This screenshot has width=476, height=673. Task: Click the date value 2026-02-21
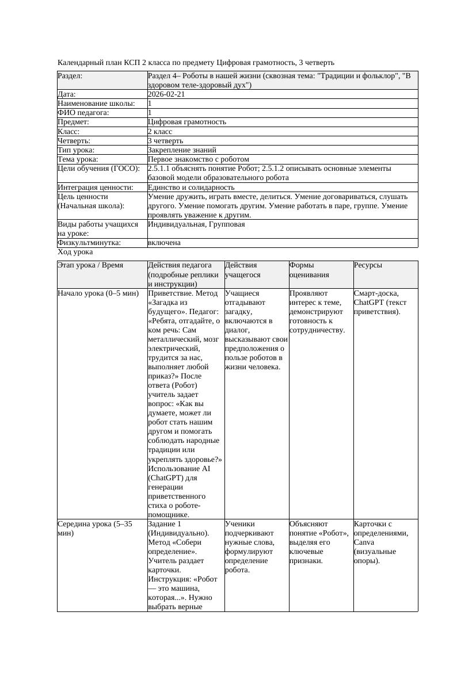(166, 94)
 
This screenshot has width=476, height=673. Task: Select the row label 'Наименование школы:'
(96, 104)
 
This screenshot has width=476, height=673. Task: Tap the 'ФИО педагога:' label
(83, 113)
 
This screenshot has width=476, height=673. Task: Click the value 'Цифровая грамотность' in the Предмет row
(187, 122)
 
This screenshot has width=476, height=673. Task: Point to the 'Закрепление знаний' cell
(182, 150)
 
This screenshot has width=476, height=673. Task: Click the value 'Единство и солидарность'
(191, 187)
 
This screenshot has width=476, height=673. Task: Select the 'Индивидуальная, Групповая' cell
(196, 224)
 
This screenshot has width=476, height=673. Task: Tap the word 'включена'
(164, 243)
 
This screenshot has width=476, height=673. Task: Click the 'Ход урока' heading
(75, 252)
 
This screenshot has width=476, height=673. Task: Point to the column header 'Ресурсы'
(368, 265)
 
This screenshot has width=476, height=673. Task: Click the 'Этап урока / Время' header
(90, 265)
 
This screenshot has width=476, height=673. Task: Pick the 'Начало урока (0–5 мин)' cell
(98, 293)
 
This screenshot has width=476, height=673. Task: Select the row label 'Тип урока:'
(77, 150)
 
